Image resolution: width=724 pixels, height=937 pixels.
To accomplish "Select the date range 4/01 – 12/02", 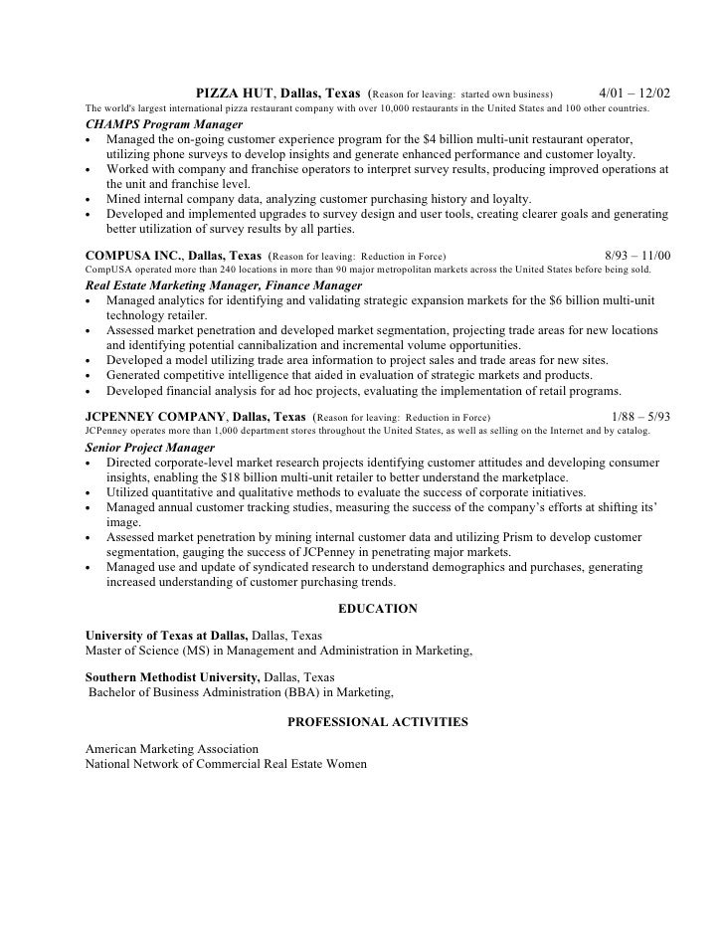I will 635,94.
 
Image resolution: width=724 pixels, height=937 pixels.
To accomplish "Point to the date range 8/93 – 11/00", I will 637,256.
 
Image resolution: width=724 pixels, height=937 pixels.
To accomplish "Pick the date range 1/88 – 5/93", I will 638,417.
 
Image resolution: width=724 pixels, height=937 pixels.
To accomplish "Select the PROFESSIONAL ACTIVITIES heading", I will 377,722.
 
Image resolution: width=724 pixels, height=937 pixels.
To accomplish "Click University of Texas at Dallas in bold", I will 167,635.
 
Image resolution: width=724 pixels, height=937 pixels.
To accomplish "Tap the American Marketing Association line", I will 172,748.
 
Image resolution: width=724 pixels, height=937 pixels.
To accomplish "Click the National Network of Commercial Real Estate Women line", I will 226,764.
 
